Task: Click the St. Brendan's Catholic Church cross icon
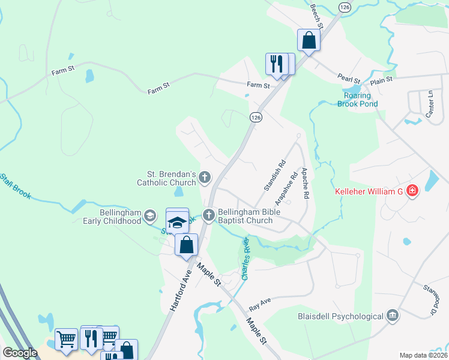point(205,177)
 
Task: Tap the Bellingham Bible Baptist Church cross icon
point(209,215)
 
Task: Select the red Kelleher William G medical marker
point(412,191)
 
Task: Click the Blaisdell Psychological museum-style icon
point(393,316)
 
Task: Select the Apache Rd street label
point(305,183)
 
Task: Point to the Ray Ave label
point(261,305)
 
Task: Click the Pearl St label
point(348,79)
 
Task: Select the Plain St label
point(381,79)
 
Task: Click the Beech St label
point(317,16)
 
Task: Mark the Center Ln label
point(430,103)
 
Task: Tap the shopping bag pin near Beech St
point(309,40)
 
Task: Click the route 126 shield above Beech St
point(343,7)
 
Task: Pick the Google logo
point(20,353)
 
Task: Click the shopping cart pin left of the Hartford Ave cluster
point(66,339)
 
